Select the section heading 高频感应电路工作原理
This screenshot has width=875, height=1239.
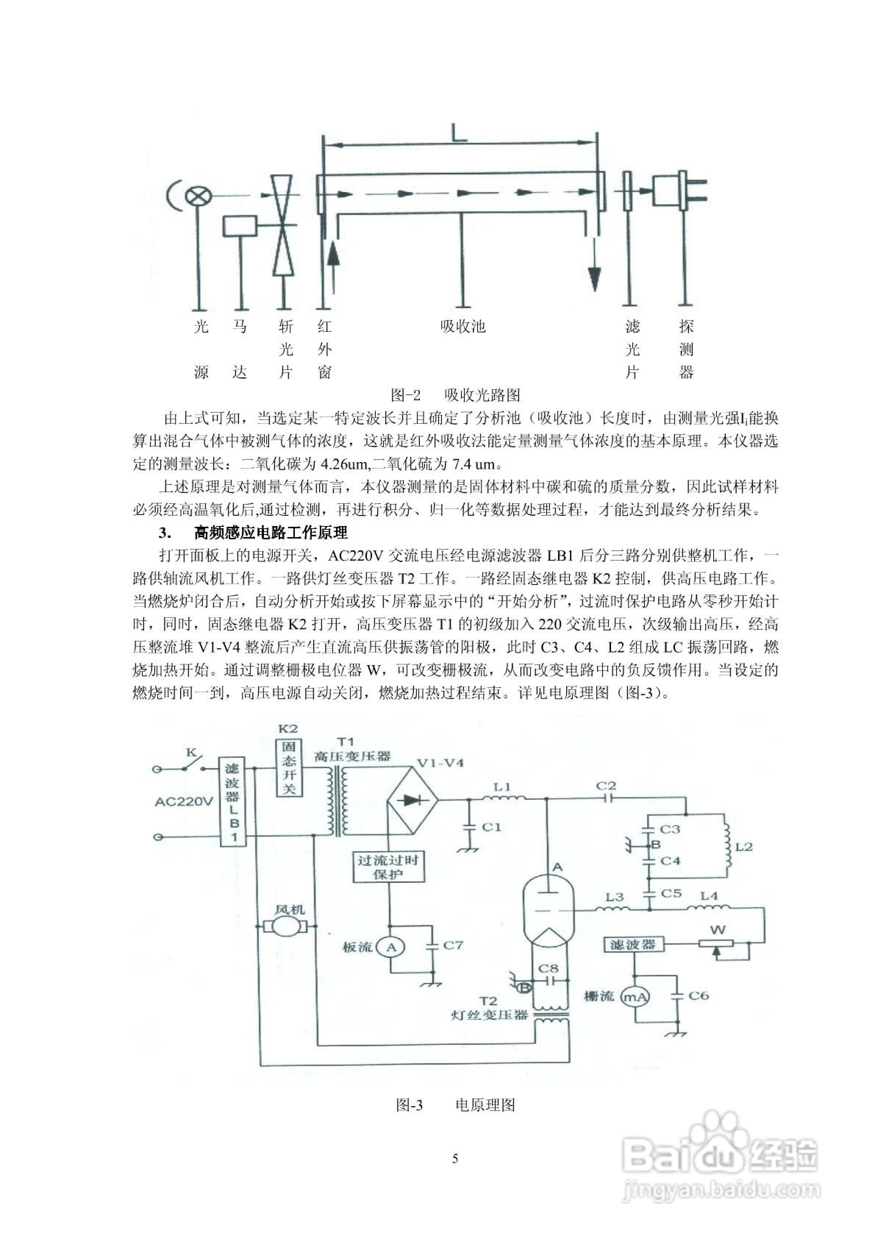(271, 533)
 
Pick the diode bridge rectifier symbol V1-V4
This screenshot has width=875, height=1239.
(413, 800)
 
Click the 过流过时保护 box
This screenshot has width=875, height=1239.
(388, 867)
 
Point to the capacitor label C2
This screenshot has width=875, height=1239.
(606, 786)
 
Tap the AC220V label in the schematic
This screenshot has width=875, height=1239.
(184, 802)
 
